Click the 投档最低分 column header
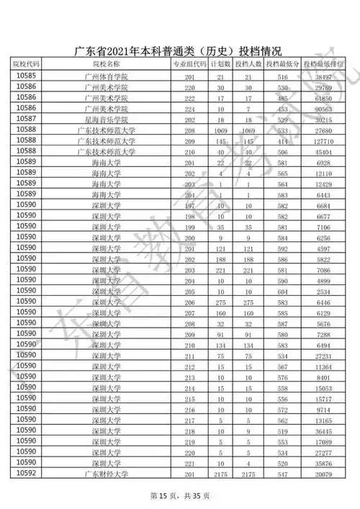[282, 65]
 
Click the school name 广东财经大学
[106, 474]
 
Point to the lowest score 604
[282, 292]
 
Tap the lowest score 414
[282, 142]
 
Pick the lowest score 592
[282, 249]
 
